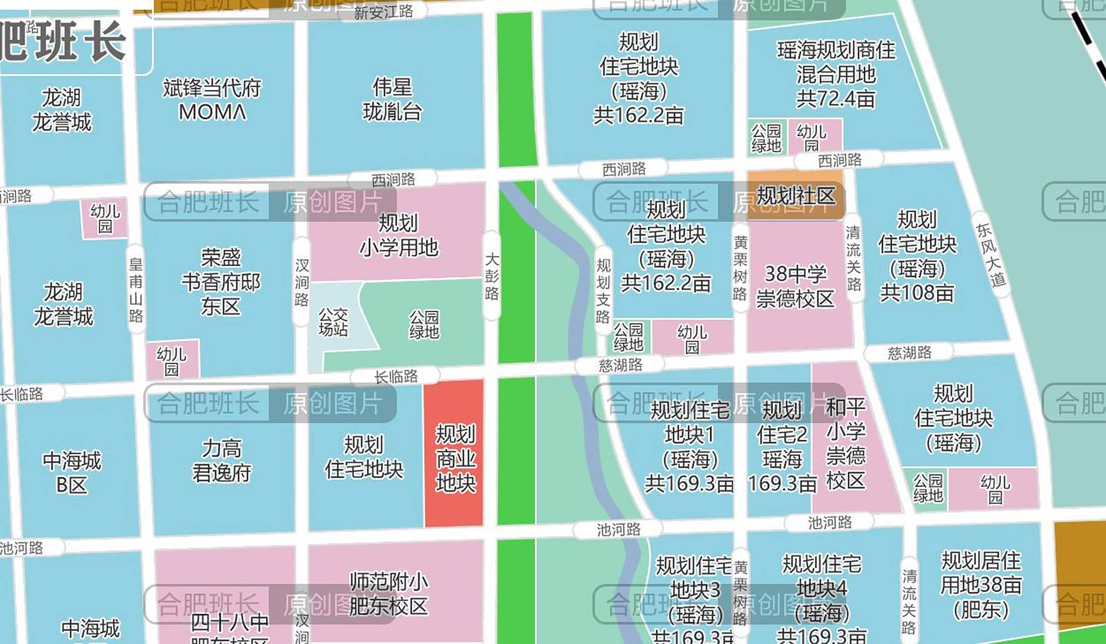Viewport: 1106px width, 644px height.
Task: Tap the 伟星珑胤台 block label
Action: pos(392,100)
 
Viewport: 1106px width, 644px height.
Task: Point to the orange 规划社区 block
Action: pos(795,196)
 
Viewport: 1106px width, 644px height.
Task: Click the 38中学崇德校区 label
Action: pos(795,286)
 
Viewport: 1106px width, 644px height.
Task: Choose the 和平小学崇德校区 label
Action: pos(845,443)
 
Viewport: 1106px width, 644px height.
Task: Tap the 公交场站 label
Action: pos(333,322)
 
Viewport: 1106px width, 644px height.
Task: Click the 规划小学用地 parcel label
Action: pos(398,235)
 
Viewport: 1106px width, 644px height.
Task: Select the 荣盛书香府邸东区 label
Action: pos(221,282)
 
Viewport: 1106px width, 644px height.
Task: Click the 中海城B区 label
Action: pos(71,472)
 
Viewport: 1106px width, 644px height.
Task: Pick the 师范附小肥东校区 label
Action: pos(388,594)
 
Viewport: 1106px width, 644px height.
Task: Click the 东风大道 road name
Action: pos(991,256)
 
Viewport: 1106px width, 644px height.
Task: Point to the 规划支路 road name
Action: pos(603,291)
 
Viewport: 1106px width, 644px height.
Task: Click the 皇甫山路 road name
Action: pos(136,290)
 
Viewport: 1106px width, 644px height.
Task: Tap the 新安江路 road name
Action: pos(383,12)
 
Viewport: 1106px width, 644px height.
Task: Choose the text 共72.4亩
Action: pos(836,99)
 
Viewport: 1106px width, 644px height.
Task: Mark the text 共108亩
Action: pos(917,293)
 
